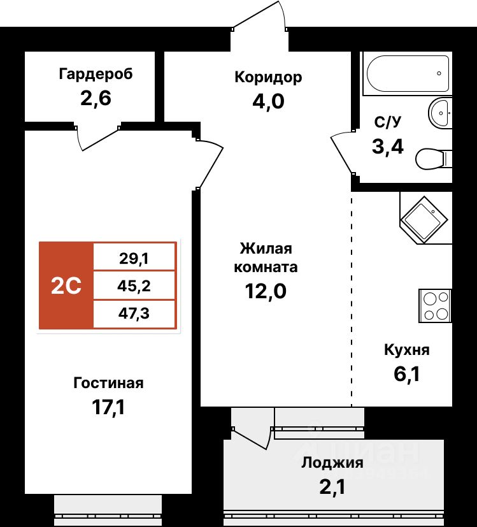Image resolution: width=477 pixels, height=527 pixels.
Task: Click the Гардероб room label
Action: tap(96, 75)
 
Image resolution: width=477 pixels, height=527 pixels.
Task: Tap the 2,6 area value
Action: tap(96, 99)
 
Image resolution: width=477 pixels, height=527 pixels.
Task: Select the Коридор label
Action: tap(268, 78)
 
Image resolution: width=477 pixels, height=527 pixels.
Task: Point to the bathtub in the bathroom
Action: tap(406, 74)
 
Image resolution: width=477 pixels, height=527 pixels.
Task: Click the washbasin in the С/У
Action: tap(440, 113)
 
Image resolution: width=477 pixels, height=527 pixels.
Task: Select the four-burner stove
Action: tap(434, 305)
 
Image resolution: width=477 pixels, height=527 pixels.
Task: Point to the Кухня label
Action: tap(407, 350)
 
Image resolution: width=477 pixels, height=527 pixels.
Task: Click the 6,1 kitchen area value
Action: tap(407, 373)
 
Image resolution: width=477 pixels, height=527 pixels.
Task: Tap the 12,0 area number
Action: tap(266, 291)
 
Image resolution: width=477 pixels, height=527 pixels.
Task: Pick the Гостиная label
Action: tap(108, 383)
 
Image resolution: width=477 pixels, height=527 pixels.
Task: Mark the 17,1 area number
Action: tap(108, 407)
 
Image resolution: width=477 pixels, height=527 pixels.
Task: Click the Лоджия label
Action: tap(332, 463)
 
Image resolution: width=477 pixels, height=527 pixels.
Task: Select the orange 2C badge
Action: tap(66, 286)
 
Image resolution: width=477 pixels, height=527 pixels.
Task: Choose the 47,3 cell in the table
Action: tap(134, 314)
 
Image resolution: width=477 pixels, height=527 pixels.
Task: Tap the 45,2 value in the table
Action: tap(134, 285)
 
